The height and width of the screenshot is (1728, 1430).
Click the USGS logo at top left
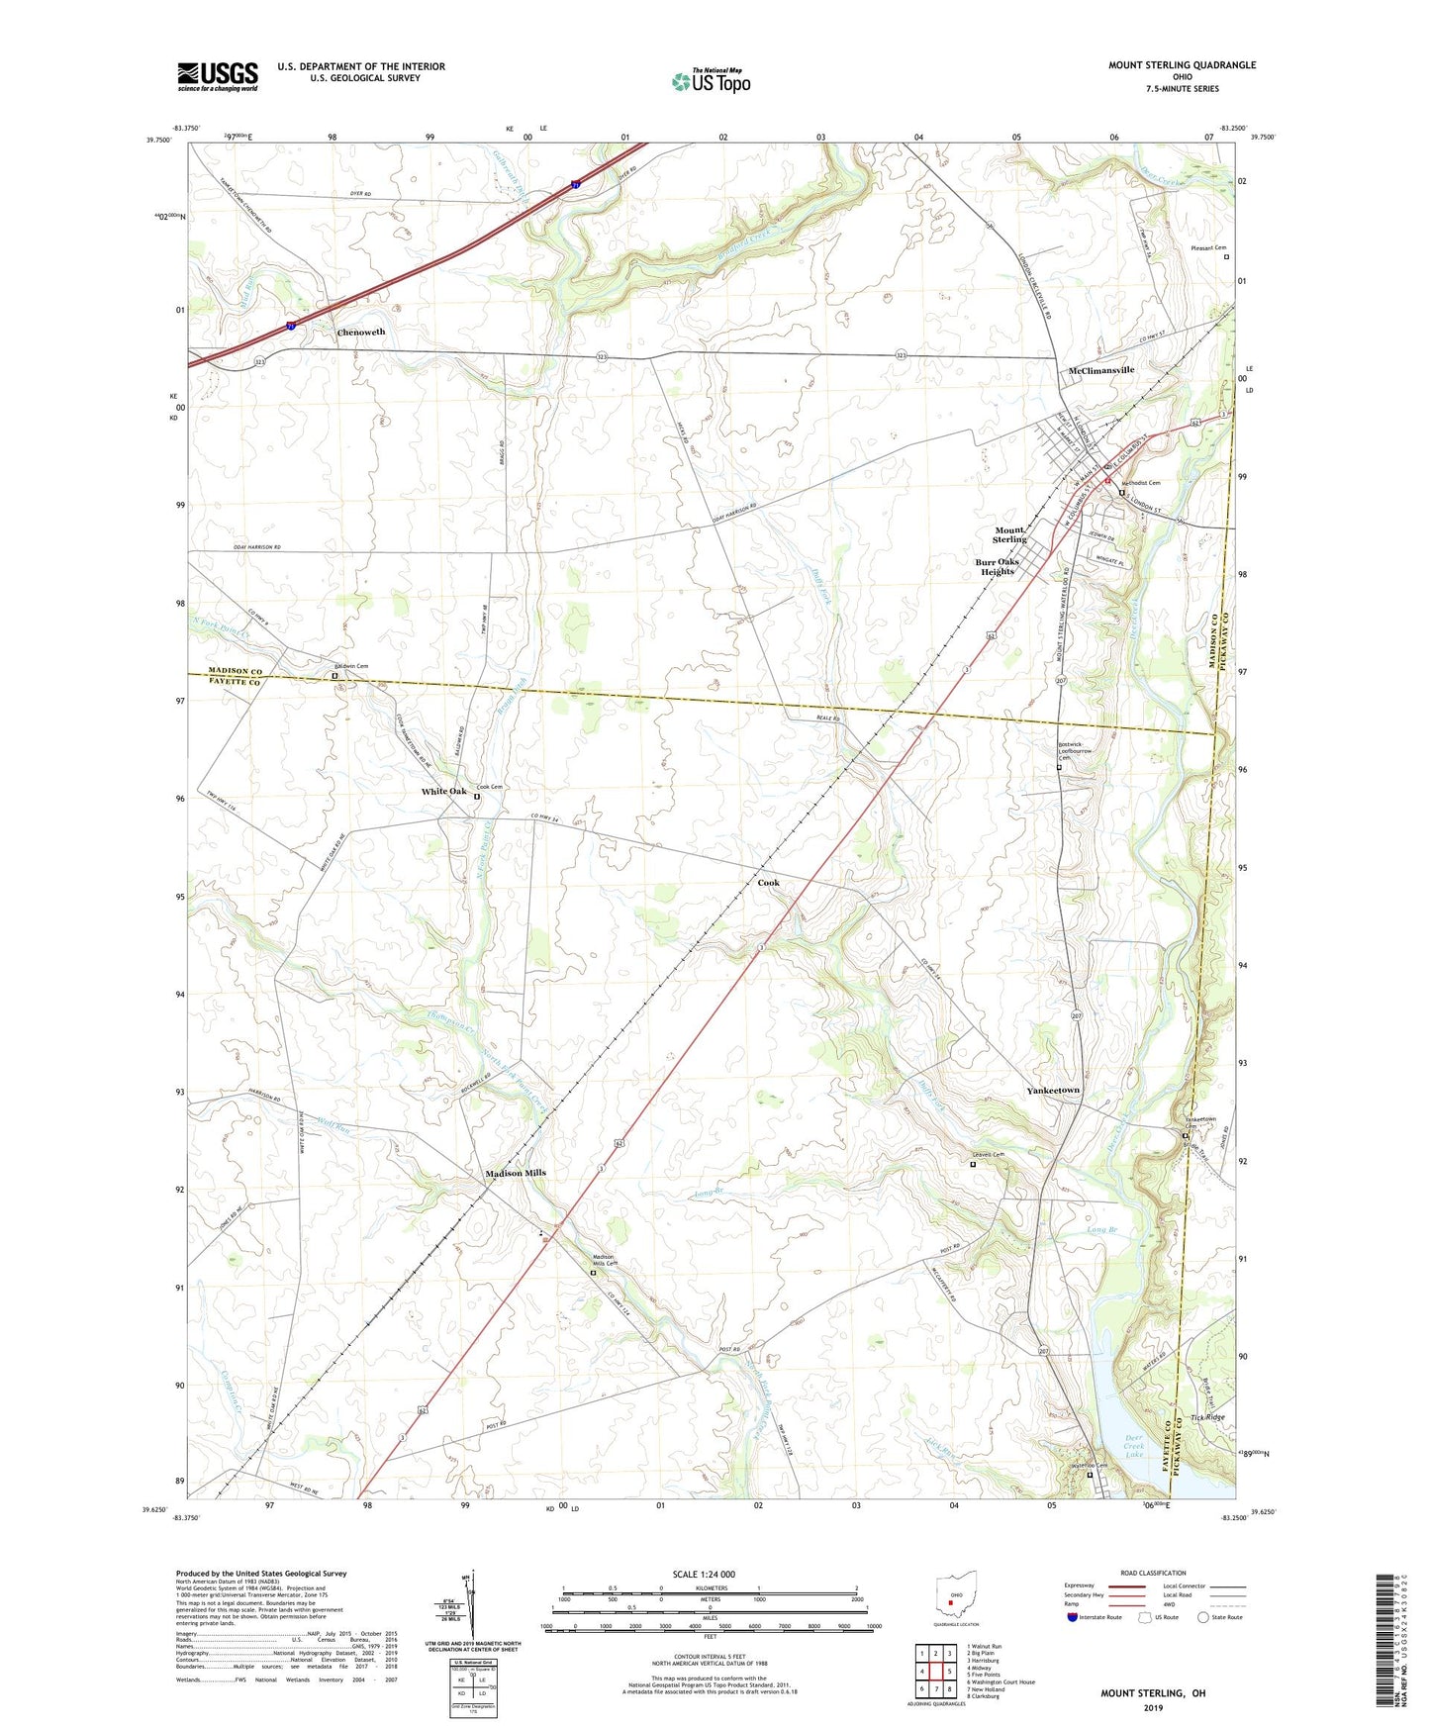tap(218, 76)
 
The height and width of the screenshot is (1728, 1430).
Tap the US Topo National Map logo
tap(711, 81)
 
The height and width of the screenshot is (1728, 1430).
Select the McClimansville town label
tap(1101, 370)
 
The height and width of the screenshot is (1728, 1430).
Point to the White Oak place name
tap(443, 792)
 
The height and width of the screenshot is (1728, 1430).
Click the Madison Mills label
tap(515, 1173)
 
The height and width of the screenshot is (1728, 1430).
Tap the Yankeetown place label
tap(1053, 1090)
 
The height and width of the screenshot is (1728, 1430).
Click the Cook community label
tap(768, 883)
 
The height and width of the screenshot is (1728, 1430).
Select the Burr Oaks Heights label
tap(997, 567)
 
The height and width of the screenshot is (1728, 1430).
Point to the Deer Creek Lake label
tap(1134, 1446)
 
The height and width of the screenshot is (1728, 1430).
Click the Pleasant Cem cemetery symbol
tap(1226, 257)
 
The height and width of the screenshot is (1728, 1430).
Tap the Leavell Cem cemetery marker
tap(972, 1165)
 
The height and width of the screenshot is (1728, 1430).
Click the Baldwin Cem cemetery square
tap(334, 677)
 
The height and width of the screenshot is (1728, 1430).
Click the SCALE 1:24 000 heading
tap(703, 1575)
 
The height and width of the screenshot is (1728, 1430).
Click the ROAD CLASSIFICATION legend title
tap(1153, 1573)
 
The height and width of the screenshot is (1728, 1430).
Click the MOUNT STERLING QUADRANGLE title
tap(1182, 65)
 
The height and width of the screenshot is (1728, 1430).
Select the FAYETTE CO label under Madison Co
tap(235, 683)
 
